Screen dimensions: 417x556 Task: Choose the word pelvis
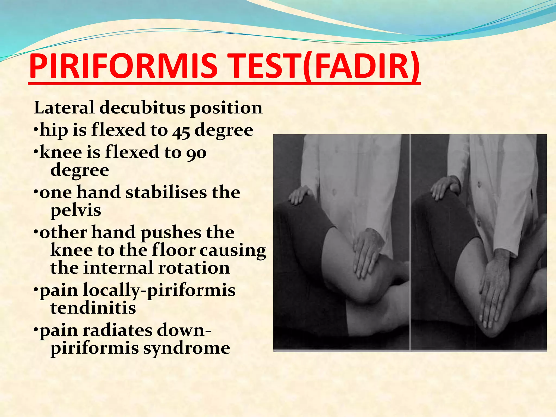point(76,211)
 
